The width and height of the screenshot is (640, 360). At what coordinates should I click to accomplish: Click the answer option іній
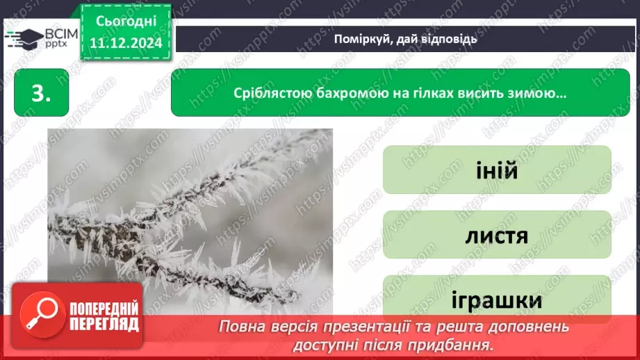497,170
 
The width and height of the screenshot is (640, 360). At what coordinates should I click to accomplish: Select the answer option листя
497,236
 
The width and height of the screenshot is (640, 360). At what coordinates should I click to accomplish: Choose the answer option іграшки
497,300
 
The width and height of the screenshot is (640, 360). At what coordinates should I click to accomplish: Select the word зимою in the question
541,92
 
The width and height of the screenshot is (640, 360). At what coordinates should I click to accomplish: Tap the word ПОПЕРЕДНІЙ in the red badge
104,309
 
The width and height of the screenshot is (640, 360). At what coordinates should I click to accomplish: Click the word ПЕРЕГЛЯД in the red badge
104,325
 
